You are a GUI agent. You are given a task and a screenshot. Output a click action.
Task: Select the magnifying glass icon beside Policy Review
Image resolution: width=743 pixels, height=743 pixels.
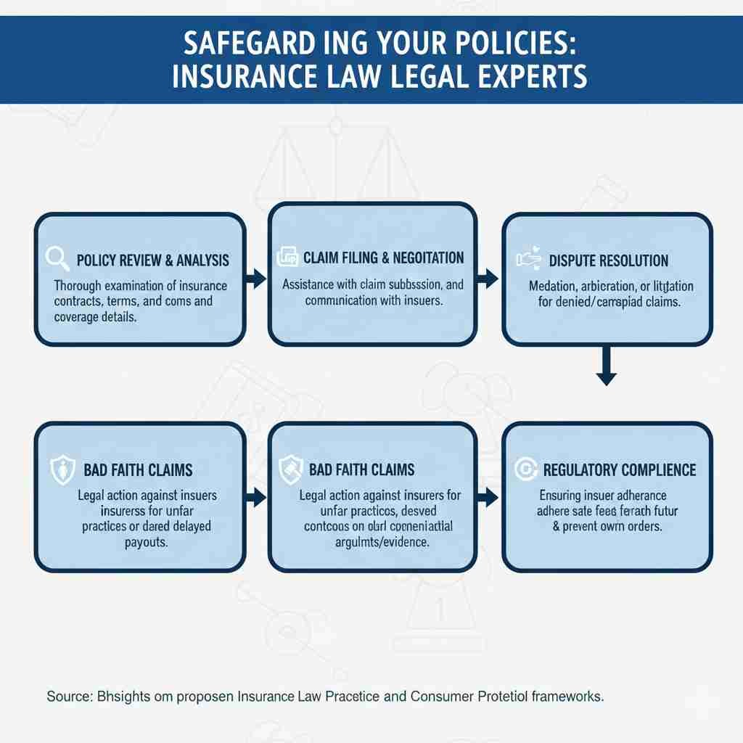click(57, 258)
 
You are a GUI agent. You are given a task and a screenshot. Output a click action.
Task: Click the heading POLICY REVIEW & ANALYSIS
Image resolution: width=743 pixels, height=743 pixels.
click(152, 260)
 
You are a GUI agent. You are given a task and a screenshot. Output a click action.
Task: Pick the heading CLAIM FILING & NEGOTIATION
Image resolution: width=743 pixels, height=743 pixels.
click(383, 258)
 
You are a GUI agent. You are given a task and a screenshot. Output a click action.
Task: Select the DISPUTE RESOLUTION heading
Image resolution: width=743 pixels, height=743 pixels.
click(609, 260)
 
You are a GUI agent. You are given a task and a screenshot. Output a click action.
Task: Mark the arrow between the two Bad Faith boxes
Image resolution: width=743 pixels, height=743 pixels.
click(256, 497)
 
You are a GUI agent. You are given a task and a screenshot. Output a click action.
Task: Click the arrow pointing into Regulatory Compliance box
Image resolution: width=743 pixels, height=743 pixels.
click(490, 497)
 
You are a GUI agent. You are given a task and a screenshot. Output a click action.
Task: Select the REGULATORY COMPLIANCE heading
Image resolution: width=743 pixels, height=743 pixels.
click(619, 469)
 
